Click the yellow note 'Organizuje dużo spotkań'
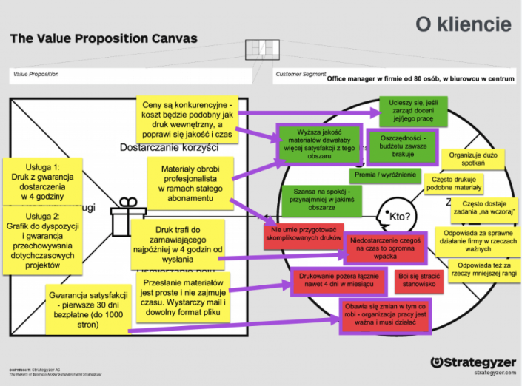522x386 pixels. (474, 158)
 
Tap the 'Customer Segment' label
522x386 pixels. (299, 74)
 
